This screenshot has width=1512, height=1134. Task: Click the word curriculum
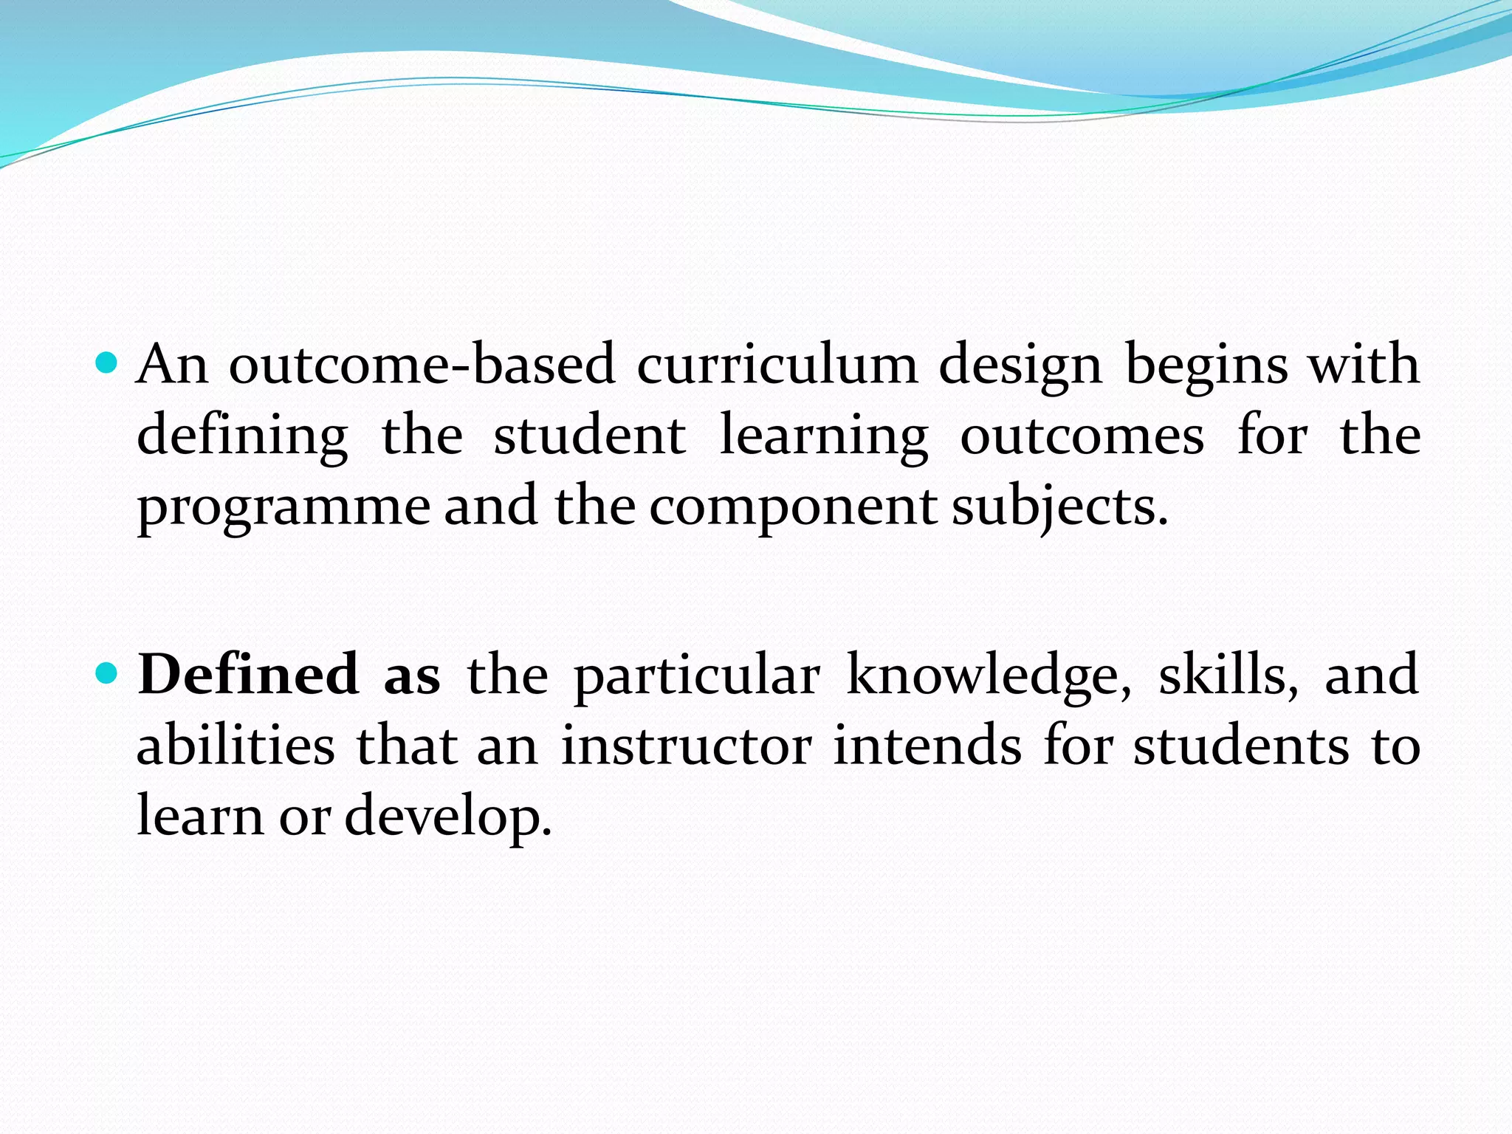[777, 364]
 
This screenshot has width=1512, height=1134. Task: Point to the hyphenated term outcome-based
[422, 364]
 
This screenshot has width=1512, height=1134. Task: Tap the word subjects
[1058, 508]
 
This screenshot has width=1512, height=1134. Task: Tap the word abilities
[236, 746]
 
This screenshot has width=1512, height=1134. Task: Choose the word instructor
[687, 746]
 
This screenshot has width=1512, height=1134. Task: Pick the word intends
[927, 746]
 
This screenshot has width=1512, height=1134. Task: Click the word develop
[447, 818]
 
